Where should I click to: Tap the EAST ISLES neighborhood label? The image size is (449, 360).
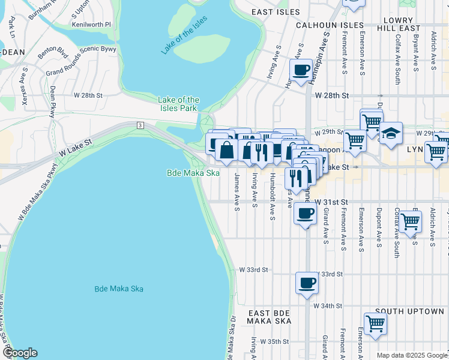pos(275,12)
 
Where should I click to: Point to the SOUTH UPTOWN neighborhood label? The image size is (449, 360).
pos(409,311)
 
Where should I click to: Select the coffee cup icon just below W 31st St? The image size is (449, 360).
pos(305,213)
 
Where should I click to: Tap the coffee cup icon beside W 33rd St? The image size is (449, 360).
pos(307,283)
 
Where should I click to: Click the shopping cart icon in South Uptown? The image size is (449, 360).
pos(375,323)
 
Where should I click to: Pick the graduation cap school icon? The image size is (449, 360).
pos(391,133)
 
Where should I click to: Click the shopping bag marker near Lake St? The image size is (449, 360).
pos(226,151)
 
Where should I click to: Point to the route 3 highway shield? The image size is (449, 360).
pos(139,125)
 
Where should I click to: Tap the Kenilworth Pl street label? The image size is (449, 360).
pos(91,25)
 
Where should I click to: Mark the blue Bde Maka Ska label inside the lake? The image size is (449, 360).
pos(119,289)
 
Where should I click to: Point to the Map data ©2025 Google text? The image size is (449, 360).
pos(411,355)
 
